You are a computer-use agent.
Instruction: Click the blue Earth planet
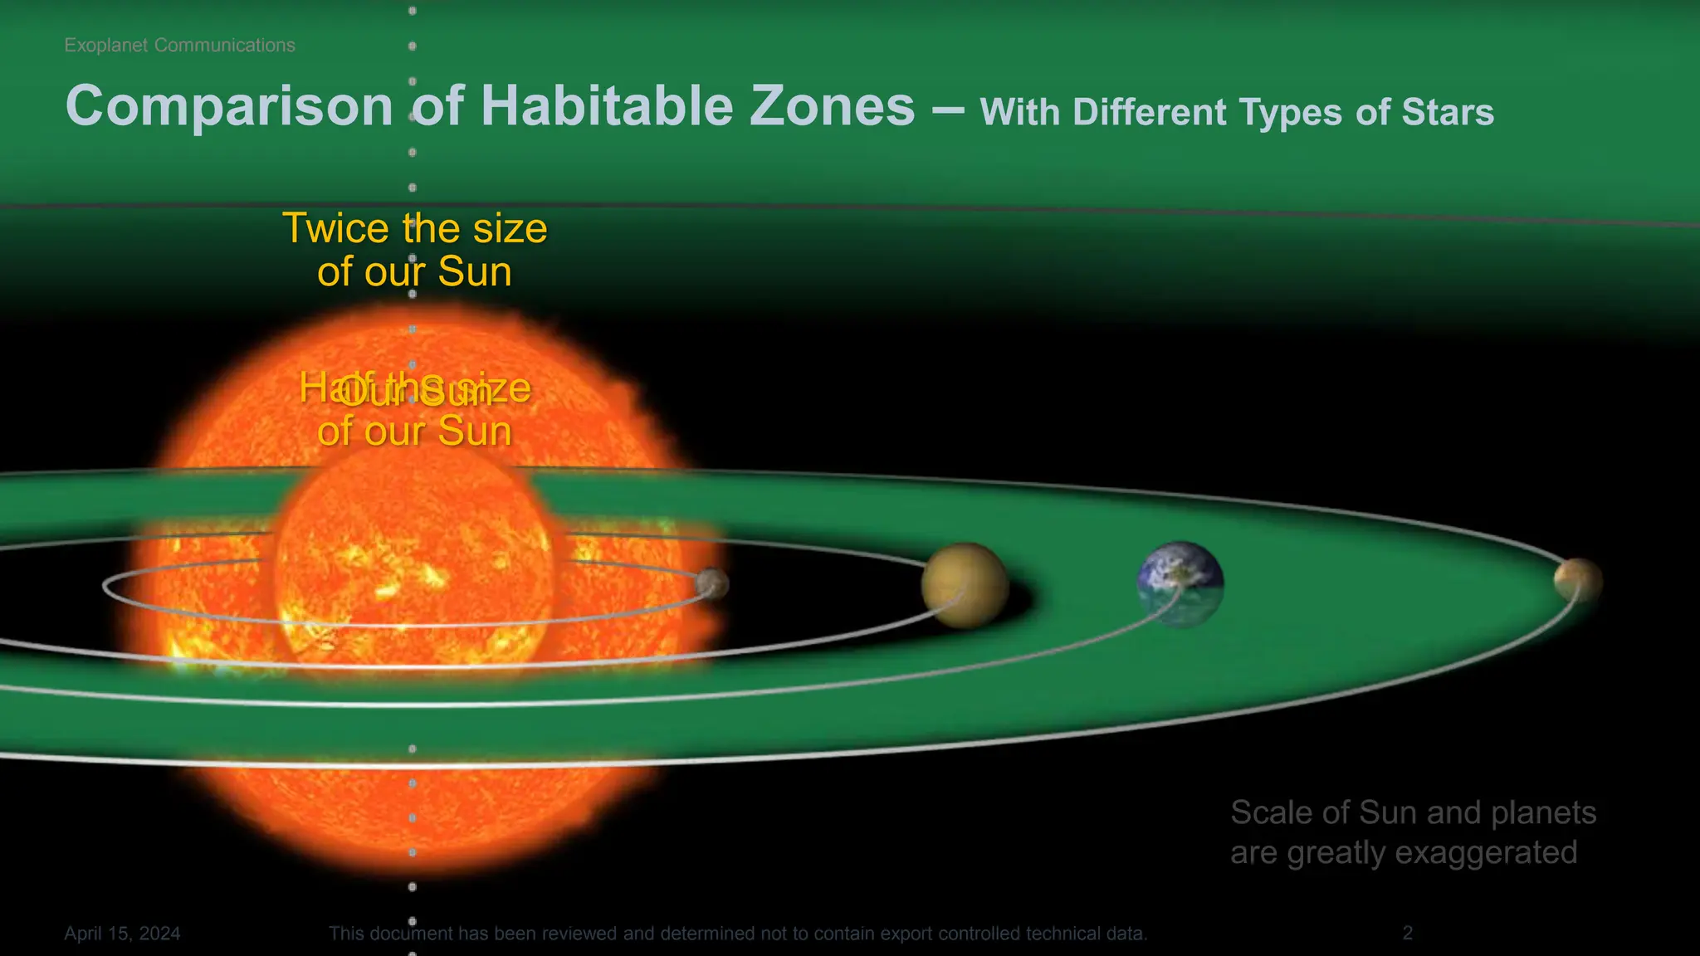[1180, 583]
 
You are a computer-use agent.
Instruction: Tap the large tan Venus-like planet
[965, 584]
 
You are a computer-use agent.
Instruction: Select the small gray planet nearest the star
[712, 583]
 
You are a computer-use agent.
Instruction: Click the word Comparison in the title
[229, 107]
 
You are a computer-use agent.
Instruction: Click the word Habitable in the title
[605, 107]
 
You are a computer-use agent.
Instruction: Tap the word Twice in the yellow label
[335, 228]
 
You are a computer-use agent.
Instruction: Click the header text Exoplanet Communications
[179, 46]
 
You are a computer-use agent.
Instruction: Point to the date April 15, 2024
[122, 934]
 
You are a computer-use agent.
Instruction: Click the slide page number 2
[1407, 934]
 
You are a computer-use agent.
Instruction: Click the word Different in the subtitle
[1149, 113]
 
